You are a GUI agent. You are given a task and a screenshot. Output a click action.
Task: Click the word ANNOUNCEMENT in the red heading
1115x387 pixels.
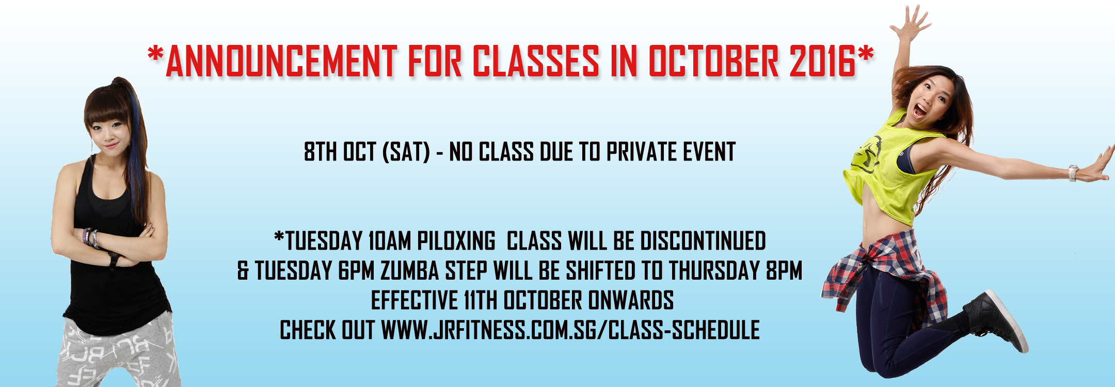coord(281,61)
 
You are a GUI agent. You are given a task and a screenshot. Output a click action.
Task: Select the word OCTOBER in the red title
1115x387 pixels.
coord(713,61)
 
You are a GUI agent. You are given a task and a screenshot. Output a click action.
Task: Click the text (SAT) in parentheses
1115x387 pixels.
coord(406,152)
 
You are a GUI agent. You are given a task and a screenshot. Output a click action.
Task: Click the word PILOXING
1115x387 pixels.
coord(456,241)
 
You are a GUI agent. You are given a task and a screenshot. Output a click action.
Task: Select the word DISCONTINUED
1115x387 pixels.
coord(703,241)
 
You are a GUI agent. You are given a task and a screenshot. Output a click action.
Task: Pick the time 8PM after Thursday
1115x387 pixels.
coord(785,271)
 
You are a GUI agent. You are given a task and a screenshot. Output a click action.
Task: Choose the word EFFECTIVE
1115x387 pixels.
coord(415,300)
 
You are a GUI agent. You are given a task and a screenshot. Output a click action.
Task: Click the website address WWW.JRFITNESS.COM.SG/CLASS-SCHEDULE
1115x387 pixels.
coord(570,330)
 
